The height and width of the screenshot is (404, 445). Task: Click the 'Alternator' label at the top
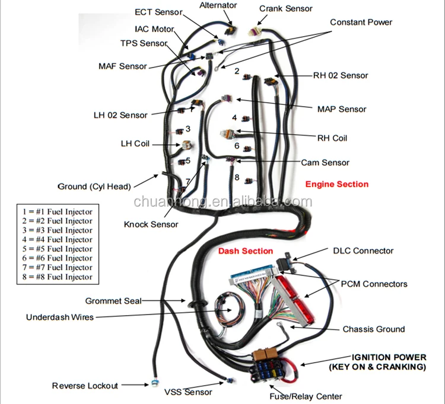[x=218, y=5]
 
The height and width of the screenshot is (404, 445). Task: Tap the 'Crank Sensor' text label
[x=286, y=8]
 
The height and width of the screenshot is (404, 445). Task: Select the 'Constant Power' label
[x=361, y=23]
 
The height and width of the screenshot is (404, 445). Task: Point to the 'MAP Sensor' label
[x=342, y=109]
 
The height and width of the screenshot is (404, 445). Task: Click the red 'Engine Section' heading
[x=336, y=184]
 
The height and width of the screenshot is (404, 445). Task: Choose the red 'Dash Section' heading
[x=246, y=251]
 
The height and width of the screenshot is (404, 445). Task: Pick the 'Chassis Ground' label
[x=374, y=329]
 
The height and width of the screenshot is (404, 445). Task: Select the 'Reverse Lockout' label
[x=85, y=386]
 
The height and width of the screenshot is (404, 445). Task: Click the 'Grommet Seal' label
[x=113, y=301]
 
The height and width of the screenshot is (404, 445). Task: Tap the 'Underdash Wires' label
[x=59, y=317]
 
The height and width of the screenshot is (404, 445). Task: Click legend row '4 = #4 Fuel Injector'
[x=57, y=240]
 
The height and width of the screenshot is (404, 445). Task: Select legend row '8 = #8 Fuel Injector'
[x=57, y=277]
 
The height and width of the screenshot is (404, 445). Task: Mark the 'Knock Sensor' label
[x=151, y=225]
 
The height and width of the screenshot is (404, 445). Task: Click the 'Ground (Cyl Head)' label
[x=94, y=187]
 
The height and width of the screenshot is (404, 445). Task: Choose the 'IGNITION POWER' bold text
[x=389, y=357]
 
